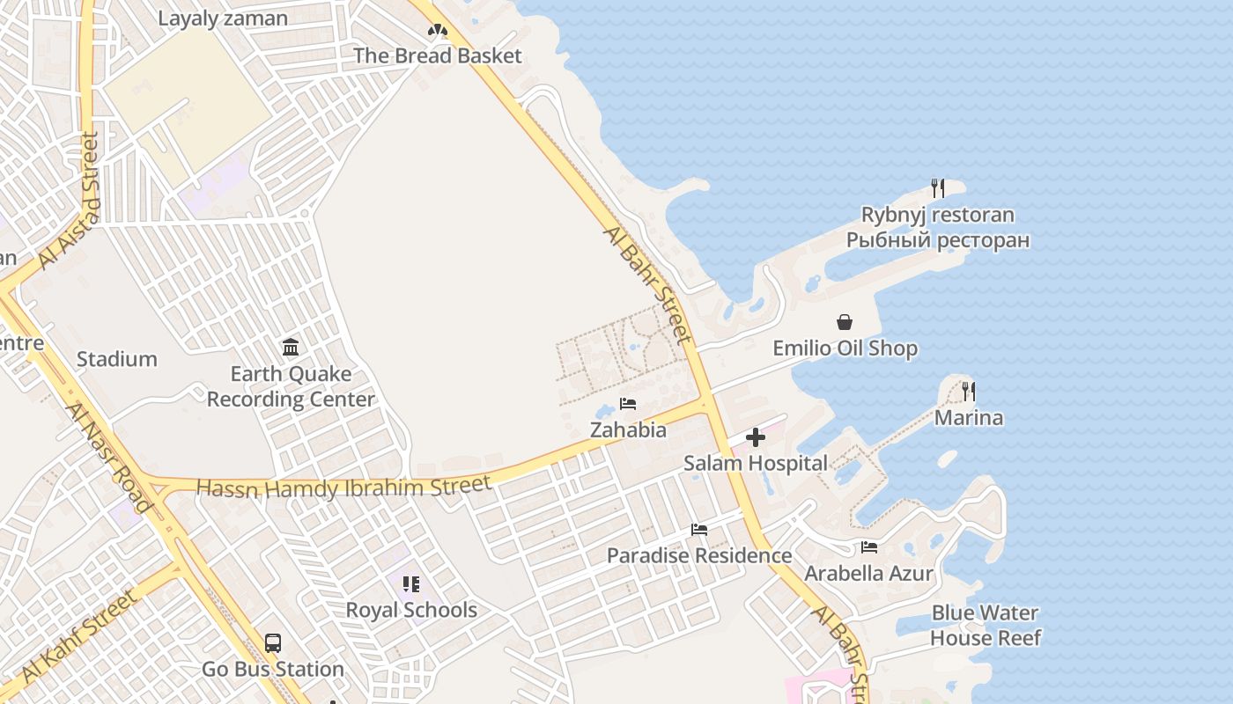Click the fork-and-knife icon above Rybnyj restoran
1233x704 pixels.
pyautogui.click(x=938, y=187)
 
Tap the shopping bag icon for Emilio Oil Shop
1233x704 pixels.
pyautogui.click(x=845, y=322)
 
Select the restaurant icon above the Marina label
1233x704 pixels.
pyautogui.click(x=969, y=391)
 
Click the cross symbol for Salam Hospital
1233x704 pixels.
pyautogui.click(x=756, y=437)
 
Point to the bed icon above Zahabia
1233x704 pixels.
pyautogui.click(x=628, y=404)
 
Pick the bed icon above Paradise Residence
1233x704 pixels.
pyautogui.click(x=699, y=530)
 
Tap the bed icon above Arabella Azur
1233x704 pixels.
pyautogui.click(x=869, y=547)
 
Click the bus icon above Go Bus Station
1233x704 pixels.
pyautogui.click(x=273, y=643)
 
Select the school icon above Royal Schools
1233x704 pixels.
pyautogui.click(x=410, y=584)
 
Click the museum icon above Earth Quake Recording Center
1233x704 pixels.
pyautogui.click(x=291, y=348)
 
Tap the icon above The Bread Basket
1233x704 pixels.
pyautogui.click(x=438, y=31)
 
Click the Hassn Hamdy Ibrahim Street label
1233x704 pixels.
pyautogui.click(x=343, y=486)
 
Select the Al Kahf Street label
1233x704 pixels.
pyautogui.click(x=80, y=636)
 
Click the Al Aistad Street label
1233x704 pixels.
pyautogui.click(x=67, y=202)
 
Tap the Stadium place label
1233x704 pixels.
pyautogui.click(x=117, y=359)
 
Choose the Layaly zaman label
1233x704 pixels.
pyautogui.click(x=223, y=18)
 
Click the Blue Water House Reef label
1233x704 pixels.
pyautogui.click(x=986, y=625)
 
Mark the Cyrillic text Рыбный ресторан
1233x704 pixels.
pyautogui.click(x=938, y=240)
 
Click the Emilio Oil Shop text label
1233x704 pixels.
pyautogui.click(x=845, y=348)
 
